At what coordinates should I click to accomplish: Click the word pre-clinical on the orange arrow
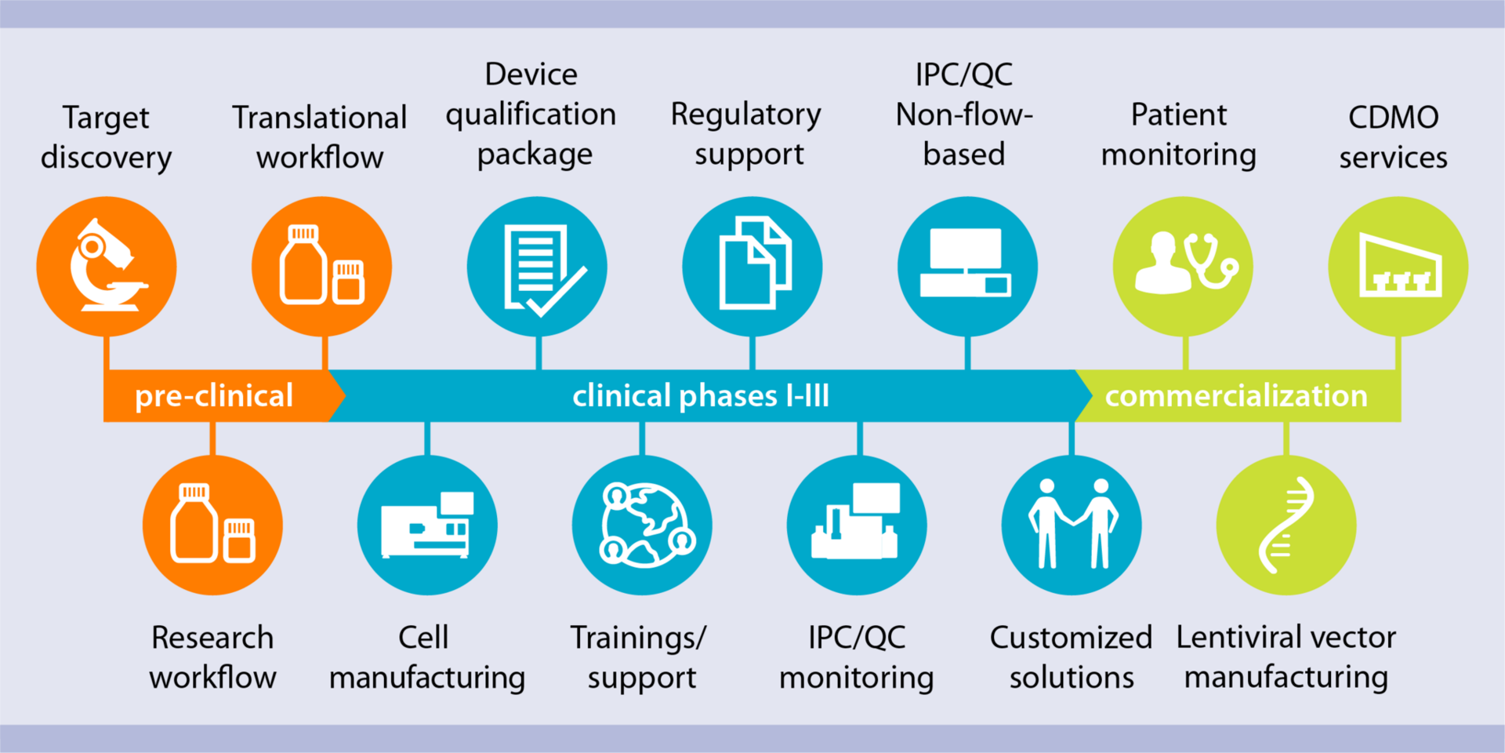point(214,396)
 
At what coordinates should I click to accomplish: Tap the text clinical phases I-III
point(700,396)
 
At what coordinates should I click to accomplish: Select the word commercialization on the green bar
point(1235,396)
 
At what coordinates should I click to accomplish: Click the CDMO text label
point(1393,118)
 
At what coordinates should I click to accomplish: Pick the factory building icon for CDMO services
point(1399,267)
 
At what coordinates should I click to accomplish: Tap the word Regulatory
point(745,115)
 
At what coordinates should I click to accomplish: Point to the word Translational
point(320,118)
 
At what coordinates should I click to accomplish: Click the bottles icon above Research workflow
point(212,524)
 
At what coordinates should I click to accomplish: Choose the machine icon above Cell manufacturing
point(428,525)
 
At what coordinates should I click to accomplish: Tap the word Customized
point(1071,637)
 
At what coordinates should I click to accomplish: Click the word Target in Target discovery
point(106,118)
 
